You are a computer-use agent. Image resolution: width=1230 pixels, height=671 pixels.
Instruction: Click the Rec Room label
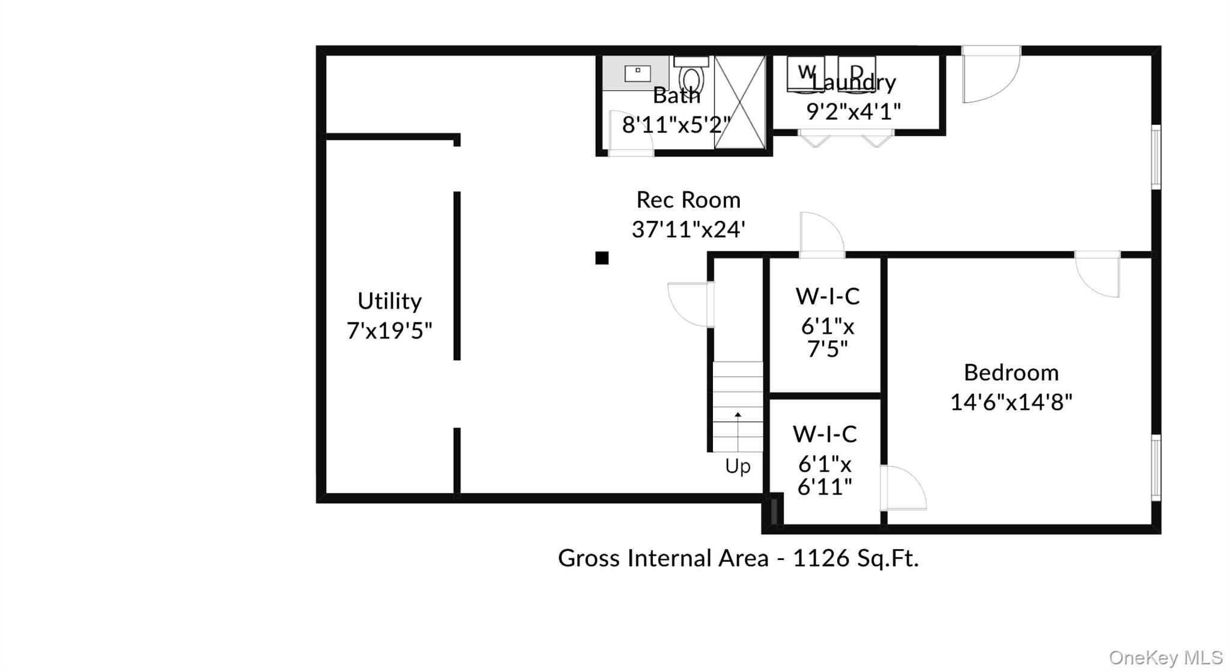688,200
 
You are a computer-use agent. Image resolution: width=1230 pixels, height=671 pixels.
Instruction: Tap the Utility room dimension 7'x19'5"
389,331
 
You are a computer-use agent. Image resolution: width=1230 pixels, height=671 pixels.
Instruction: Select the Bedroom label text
1011,373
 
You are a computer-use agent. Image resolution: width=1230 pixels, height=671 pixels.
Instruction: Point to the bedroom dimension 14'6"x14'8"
1011,402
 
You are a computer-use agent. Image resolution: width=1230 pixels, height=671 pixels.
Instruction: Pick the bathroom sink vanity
636,73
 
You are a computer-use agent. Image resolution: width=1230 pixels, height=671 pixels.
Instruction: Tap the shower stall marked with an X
739,102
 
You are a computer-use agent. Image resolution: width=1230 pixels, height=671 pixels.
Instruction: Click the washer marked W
805,74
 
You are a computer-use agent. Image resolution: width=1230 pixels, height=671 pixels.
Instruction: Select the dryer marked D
856,74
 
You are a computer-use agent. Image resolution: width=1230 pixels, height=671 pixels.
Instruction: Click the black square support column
602,258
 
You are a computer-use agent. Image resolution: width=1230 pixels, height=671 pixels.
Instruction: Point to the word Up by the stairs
738,466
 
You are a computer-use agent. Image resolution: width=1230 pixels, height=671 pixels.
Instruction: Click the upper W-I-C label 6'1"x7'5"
827,322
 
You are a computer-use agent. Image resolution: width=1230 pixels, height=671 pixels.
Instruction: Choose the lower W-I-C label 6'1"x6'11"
825,460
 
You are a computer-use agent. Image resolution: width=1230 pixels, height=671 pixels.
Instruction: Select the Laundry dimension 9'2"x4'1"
853,112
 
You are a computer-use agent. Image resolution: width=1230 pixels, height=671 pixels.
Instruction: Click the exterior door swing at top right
989,75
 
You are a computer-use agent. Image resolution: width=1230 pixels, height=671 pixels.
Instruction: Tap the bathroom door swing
629,134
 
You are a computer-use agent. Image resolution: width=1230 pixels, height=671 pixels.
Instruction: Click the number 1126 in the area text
821,559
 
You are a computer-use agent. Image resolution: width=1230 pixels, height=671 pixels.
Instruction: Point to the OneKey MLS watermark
1165,658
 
